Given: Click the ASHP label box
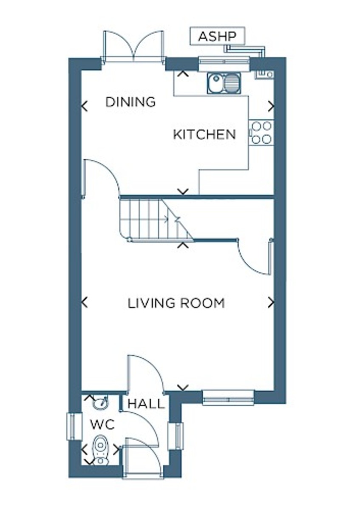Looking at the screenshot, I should coord(217,36).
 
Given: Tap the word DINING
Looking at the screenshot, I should coord(130,102).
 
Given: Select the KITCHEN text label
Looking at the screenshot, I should coord(204,134).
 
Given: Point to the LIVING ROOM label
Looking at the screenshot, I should coord(176,303).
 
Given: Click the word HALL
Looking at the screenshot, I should coord(146,404).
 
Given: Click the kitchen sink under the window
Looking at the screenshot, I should coord(224,83).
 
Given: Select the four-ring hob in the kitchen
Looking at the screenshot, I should coord(261,133).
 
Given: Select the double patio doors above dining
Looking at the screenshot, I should coord(133,46).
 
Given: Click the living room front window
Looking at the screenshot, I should coord(228,397).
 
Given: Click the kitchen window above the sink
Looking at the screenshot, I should coord(224,64).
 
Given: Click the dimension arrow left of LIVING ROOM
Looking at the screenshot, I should coord(84,302).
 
